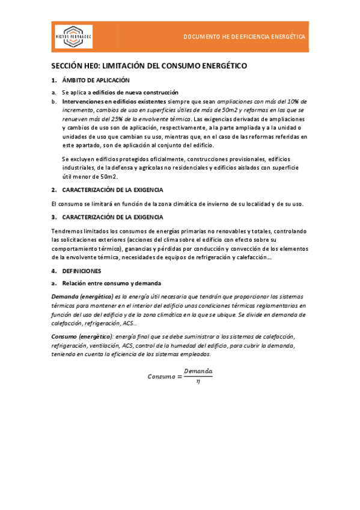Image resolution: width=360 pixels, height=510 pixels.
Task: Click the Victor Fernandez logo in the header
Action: click(74, 37)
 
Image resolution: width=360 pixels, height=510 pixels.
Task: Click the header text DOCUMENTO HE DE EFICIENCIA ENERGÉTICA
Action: click(245, 37)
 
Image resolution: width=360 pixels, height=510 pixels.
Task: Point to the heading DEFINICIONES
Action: click(81, 271)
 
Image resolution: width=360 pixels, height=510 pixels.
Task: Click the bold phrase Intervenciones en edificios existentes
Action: click(106, 102)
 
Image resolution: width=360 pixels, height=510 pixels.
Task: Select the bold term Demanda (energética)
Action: click(82, 296)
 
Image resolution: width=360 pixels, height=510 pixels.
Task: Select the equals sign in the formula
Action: click(179, 376)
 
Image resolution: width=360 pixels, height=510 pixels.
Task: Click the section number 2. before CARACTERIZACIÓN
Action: click(54, 189)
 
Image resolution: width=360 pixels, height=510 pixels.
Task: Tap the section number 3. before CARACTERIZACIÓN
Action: click(54, 217)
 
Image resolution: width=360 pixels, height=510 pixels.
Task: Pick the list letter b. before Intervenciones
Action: click(54, 102)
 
